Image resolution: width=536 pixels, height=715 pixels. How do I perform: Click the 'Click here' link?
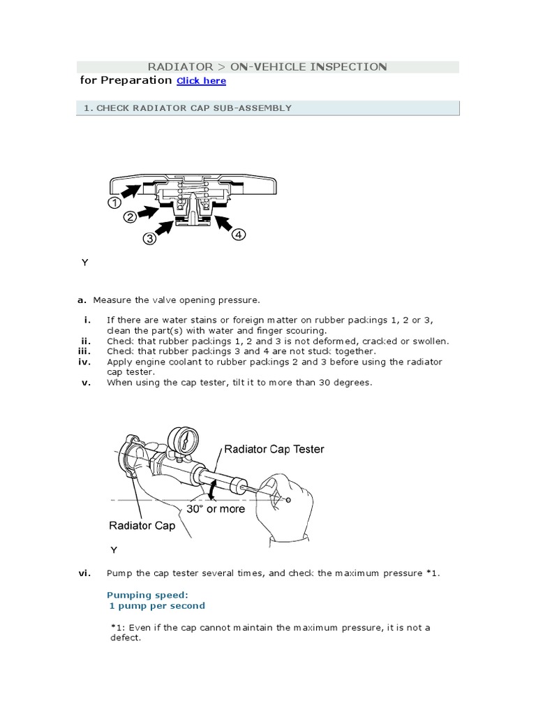[201, 81]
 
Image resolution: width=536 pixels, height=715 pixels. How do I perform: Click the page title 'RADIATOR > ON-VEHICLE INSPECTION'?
[267, 67]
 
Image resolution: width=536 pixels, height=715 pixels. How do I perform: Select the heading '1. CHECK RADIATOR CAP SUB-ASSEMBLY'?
[187, 108]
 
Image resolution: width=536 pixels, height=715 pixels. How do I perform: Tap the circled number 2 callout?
[130, 218]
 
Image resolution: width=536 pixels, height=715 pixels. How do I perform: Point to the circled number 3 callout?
[150, 239]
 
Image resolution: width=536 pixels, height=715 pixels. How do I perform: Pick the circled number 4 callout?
[238, 235]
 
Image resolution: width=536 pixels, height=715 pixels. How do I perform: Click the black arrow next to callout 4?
[223, 223]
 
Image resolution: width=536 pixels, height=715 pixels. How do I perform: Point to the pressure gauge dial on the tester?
[186, 441]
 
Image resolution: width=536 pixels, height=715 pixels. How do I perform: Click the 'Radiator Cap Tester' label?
[274, 450]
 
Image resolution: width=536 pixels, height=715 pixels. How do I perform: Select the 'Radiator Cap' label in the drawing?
[142, 526]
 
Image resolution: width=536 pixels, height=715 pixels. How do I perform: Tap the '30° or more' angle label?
[216, 509]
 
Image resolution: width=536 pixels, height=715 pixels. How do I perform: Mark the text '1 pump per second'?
[156, 606]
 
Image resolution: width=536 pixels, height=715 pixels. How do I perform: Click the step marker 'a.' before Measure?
[82, 300]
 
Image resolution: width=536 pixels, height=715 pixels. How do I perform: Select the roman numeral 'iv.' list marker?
[85, 362]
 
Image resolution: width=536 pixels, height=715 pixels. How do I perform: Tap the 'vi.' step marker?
[84, 573]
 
